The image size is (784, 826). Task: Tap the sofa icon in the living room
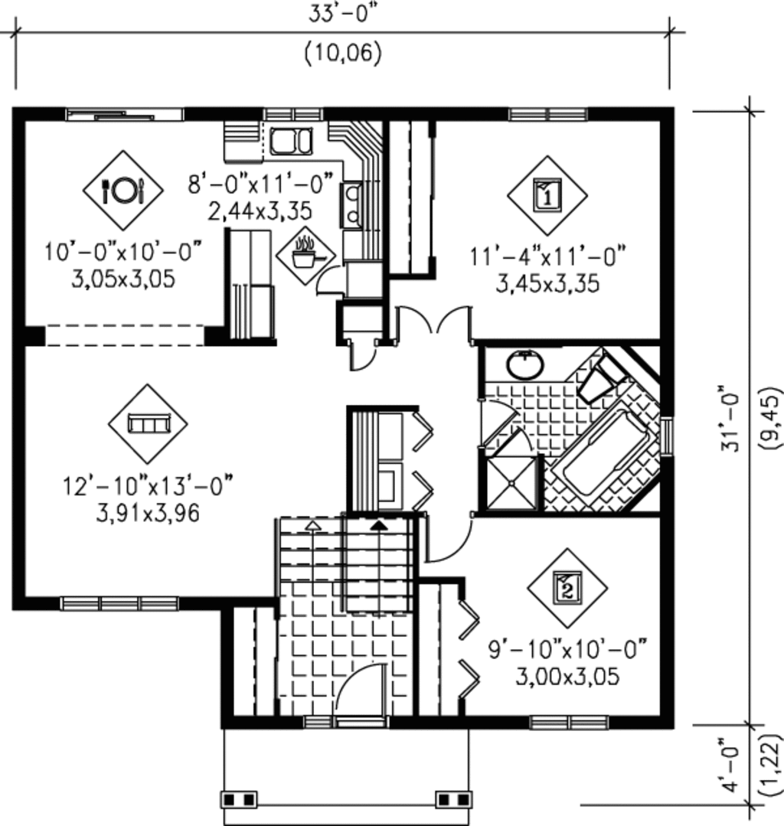coord(148,423)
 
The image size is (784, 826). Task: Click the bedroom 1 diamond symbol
coord(547,195)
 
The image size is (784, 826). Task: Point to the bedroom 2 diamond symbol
coord(567,587)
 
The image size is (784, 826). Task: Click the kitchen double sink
coord(291,142)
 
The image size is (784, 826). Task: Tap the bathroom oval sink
coord(524,364)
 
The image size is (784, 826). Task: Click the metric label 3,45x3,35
coord(547,284)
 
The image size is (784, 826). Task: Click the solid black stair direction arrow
coord(378,525)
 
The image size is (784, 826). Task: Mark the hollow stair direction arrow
coord(312,525)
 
